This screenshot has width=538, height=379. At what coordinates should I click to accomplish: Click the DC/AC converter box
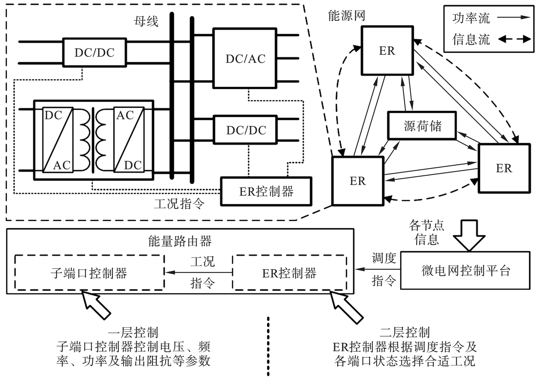coord(245,58)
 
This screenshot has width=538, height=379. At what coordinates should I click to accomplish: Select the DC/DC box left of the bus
coord(94,52)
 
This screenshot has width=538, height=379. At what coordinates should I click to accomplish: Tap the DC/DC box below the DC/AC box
coord(246,130)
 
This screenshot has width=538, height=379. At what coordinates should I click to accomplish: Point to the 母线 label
coord(146,21)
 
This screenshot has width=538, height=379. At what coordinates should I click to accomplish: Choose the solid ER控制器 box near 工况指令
coord(266,191)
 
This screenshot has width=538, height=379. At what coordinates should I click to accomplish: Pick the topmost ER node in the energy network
coord(387,50)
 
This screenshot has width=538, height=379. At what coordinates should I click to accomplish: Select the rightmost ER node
coord(504,168)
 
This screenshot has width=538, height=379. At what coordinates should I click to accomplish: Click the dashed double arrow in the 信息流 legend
coord(514,39)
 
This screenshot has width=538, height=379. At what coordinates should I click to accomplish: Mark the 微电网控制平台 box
coord(465,271)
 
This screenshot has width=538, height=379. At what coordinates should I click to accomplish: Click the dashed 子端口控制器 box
coord(89,273)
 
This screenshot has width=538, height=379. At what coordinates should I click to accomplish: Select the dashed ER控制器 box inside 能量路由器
coord(289,273)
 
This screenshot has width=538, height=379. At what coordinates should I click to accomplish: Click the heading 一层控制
coord(133,333)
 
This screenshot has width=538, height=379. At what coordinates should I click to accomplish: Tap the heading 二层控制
coord(405,333)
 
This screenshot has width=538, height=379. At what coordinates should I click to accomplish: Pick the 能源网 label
coord(346,16)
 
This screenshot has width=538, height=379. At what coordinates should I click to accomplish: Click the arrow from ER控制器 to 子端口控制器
coord(198,272)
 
